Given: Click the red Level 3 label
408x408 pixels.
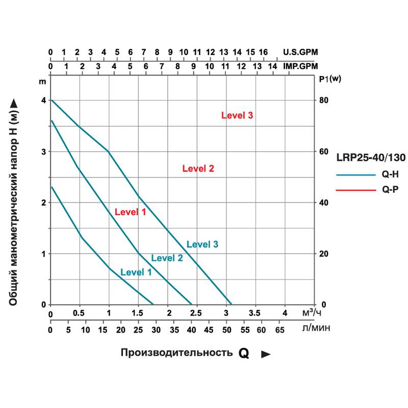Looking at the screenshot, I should point(237,116).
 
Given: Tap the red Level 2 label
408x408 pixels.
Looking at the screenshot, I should point(198,169).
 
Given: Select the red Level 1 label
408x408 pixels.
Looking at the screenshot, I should point(130,212).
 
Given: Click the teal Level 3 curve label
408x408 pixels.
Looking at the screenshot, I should point(202,245).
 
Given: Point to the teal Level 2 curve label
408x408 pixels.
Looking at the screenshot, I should point(167,258).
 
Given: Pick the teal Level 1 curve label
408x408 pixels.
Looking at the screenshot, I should point(136,272).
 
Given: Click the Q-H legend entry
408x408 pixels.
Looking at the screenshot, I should point(390,174).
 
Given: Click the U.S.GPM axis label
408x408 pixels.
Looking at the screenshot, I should point(300,52).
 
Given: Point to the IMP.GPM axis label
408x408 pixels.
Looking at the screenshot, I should point(300,66).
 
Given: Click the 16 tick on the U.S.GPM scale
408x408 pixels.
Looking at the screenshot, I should point(263,52).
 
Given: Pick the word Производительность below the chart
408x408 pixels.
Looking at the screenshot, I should point(176,353).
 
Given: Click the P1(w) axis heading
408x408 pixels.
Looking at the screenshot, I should point(329,79).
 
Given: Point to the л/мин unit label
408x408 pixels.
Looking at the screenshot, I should point(316,328).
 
